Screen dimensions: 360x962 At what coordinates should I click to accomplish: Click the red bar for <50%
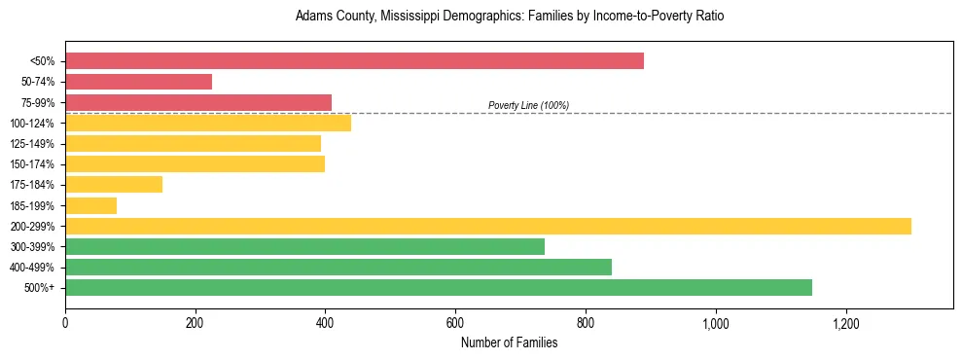pyautogui.click(x=354, y=61)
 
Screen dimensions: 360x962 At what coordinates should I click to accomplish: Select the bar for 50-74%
pyautogui.click(x=138, y=82)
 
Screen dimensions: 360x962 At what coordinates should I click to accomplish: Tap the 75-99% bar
pyautogui.click(x=198, y=102)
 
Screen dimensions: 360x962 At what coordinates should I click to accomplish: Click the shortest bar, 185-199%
pyautogui.click(x=91, y=205)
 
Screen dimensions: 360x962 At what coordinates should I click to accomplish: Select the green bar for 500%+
pyautogui.click(x=439, y=287)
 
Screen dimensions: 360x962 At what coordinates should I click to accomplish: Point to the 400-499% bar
pyautogui.click(x=338, y=267)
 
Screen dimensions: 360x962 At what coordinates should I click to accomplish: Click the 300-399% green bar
pyautogui.click(x=304, y=246)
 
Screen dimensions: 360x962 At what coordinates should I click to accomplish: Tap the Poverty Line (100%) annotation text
pyautogui.click(x=528, y=105)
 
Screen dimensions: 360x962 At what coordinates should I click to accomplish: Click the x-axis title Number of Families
pyautogui.click(x=509, y=342)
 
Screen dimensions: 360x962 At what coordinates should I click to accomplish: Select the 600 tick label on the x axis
pyautogui.click(x=455, y=323)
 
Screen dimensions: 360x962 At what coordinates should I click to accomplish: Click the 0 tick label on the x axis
pyautogui.click(x=65, y=323)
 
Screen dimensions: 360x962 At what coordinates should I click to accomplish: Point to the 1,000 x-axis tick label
pyautogui.click(x=715, y=323)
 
